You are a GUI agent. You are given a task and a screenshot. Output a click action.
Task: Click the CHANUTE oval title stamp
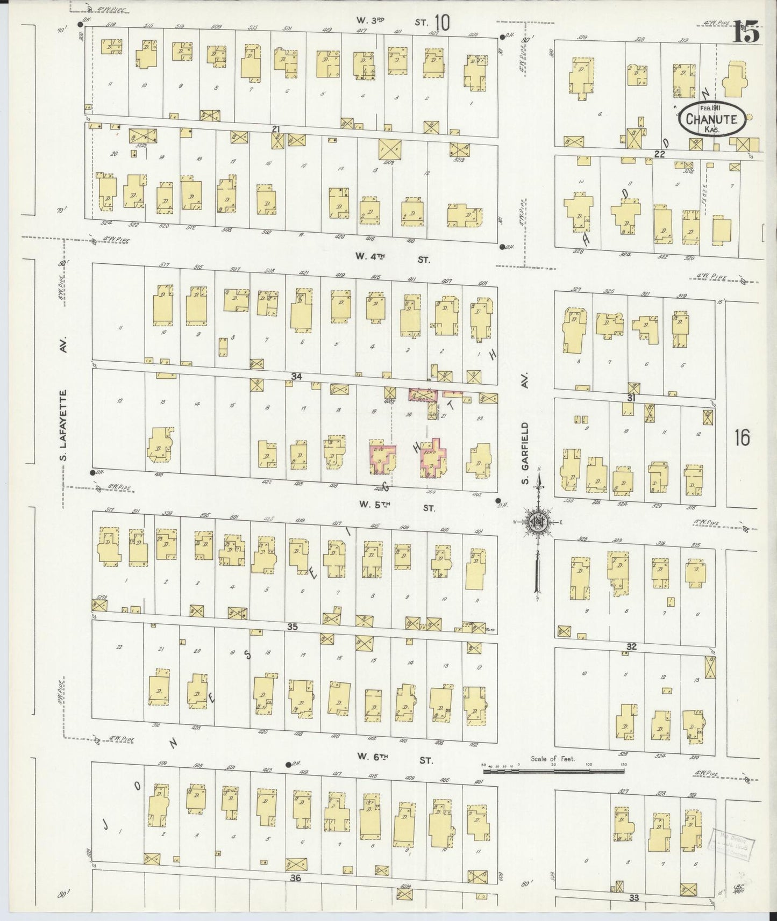(x=712, y=120)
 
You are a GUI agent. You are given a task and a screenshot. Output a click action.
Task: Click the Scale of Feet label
(x=552, y=759)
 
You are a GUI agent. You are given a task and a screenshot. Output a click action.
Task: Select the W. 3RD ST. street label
(x=394, y=21)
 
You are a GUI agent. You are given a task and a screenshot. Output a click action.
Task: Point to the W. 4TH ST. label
(x=395, y=259)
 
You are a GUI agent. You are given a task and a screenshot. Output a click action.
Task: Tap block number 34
(x=296, y=377)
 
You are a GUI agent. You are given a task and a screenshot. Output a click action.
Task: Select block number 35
(x=293, y=627)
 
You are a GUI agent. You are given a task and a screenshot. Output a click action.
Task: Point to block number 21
(x=276, y=129)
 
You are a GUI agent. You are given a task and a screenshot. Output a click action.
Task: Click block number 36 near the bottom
(x=295, y=878)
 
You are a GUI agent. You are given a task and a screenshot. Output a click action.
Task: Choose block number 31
(x=631, y=398)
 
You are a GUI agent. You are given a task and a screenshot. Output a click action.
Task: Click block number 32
(x=631, y=646)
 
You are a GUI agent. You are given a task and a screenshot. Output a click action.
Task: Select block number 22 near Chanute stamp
(x=660, y=154)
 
